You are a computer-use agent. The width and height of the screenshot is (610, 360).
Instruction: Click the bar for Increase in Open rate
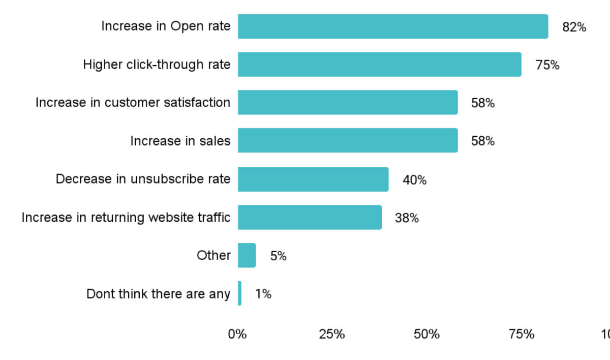392,26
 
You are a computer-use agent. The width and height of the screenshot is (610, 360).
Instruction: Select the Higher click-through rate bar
379,65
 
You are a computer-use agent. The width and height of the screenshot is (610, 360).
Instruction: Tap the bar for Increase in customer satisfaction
348,102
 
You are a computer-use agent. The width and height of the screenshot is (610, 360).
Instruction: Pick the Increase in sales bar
348,140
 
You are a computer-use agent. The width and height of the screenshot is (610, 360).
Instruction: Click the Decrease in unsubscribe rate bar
313,179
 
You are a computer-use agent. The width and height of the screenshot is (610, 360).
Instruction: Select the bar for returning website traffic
310,217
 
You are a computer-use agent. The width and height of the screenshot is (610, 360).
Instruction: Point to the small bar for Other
247,255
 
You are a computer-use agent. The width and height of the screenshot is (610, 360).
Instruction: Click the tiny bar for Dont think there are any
239,293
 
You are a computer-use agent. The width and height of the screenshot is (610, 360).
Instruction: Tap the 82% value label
574,27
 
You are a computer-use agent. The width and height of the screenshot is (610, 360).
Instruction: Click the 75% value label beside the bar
547,66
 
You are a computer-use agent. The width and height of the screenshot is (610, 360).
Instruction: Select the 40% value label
414,180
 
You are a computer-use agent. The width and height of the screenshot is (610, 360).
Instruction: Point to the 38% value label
407,218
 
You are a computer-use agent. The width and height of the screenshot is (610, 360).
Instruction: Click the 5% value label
278,256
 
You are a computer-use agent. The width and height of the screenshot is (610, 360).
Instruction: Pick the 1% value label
263,294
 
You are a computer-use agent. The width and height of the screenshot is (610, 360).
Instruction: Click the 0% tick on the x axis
237,335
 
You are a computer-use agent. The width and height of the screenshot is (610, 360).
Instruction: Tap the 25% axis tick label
332,335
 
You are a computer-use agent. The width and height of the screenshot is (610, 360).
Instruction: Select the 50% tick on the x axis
426,335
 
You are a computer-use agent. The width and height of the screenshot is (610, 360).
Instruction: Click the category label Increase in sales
180,141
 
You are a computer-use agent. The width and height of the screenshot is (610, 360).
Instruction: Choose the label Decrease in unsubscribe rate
143,179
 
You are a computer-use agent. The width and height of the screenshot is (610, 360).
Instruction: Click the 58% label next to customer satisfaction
482,103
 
